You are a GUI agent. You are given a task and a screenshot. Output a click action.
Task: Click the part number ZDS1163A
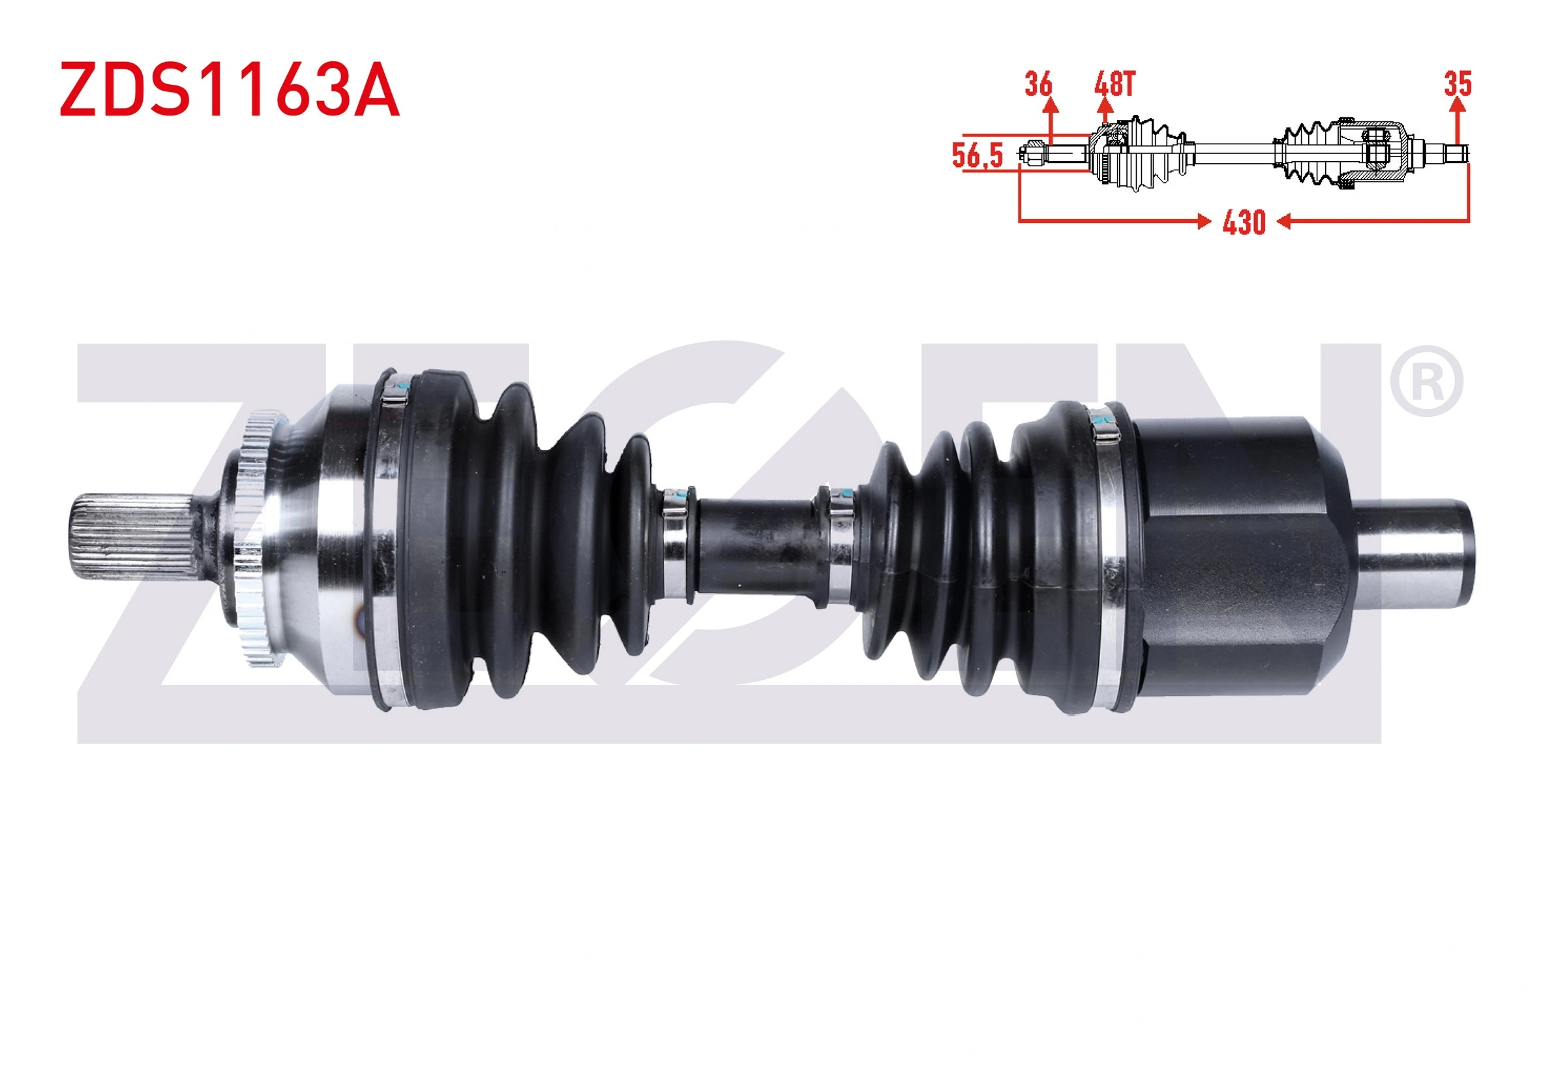[x=230, y=89]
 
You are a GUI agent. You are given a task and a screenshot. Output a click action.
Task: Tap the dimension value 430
[x=1244, y=222]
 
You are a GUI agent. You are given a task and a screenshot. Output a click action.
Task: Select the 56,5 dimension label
[x=977, y=155]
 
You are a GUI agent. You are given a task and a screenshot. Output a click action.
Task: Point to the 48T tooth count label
[x=1114, y=84]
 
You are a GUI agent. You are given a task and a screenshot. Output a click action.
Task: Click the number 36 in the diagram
[x=1038, y=84]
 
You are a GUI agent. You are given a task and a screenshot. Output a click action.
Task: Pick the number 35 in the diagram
[x=1458, y=84]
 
